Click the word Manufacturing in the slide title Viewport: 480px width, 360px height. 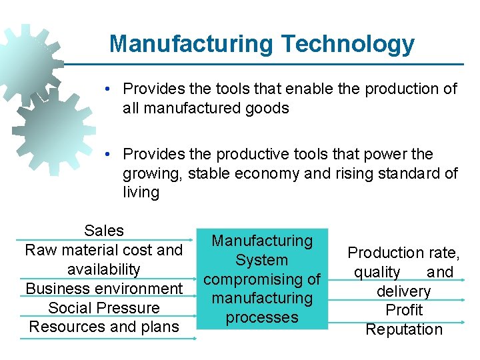click(191, 44)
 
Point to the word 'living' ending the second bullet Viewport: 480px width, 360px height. click(141, 193)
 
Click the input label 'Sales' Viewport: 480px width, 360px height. click(104, 231)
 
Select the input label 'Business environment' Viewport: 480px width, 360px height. click(104, 289)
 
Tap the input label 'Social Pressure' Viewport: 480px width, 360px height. click(104, 308)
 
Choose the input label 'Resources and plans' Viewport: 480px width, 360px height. click(104, 327)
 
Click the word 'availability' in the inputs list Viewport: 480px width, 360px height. click(104, 269)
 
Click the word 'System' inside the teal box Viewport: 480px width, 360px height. click(261, 260)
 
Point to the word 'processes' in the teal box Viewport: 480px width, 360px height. click(261, 317)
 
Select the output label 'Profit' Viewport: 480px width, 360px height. click(404, 310)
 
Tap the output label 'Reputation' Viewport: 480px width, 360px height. click(404, 329)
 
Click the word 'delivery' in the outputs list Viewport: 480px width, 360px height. click(404, 291)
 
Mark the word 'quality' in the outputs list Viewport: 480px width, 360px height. click(377, 272)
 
